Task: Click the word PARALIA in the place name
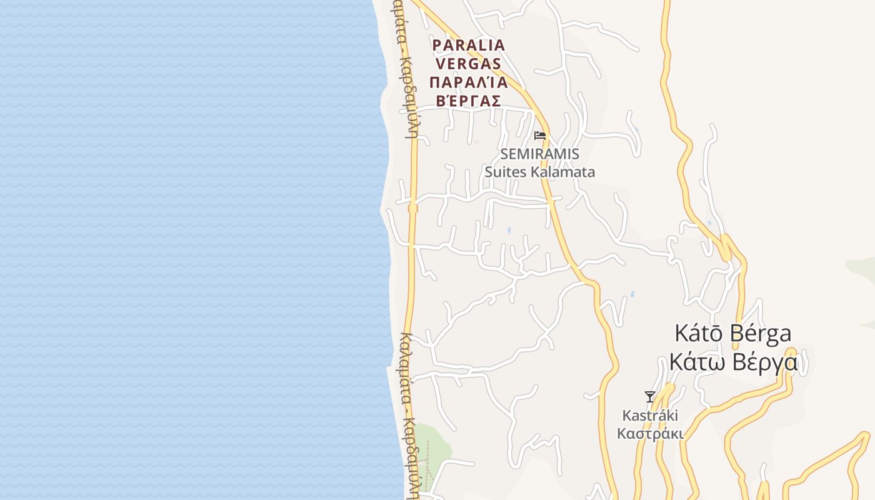[x=469, y=45]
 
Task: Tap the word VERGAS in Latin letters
[x=469, y=63]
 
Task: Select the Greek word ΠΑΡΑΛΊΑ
[x=469, y=82]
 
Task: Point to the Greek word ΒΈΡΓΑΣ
[x=469, y=101]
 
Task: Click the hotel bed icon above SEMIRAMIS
[x=540, y=135]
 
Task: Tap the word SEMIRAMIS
[x=540, y=154]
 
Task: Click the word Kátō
[x=698, y=333]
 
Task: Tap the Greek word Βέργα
[x=765, y=362]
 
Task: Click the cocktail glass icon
[x=650, y=396]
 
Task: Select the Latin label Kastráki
[x=650, y=416]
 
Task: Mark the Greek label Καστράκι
[x=650, y=434]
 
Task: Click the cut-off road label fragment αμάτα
[x=399, y=22]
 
